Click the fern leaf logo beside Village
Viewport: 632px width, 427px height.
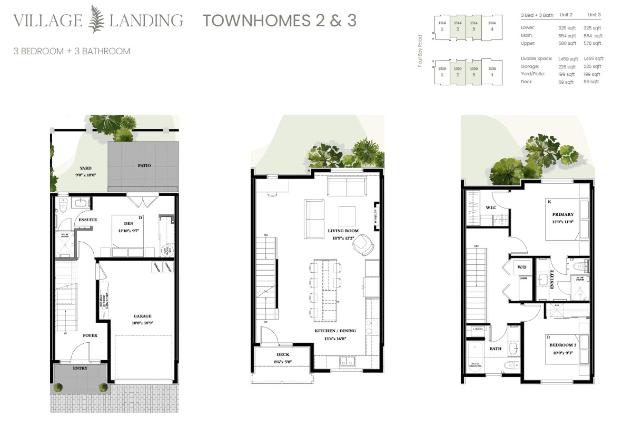[x=96, y=21]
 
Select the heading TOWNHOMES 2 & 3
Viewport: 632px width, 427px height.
[x=280, y=21]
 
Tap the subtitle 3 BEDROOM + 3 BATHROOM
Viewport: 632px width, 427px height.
[x=72, y=51]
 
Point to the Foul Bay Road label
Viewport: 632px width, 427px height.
[x=420, y=51]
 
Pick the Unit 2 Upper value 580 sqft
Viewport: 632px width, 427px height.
[x=566, y=43]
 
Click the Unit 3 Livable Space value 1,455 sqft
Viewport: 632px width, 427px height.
[x=593, y=58]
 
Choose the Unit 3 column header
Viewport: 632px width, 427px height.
[x=595, y=15]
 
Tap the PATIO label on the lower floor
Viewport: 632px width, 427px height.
[x=144, y=165]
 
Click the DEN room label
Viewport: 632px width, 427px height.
[x=129, y=223]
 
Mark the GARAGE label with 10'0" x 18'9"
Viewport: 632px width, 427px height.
[x=142, y=316]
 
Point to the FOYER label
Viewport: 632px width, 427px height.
[x=90, y=335]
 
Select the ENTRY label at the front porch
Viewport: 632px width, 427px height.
[x=81, y=368]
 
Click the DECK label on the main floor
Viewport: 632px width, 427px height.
[x=283, y=354]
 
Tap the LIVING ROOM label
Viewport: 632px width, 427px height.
[x=343, y=231]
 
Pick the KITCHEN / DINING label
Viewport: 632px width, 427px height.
[x=335, y=331]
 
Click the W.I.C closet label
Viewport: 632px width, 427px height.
[x=491, y=207]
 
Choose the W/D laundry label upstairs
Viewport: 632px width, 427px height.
[x=522, y=267]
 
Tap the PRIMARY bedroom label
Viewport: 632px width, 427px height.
[x=562, y=214]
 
